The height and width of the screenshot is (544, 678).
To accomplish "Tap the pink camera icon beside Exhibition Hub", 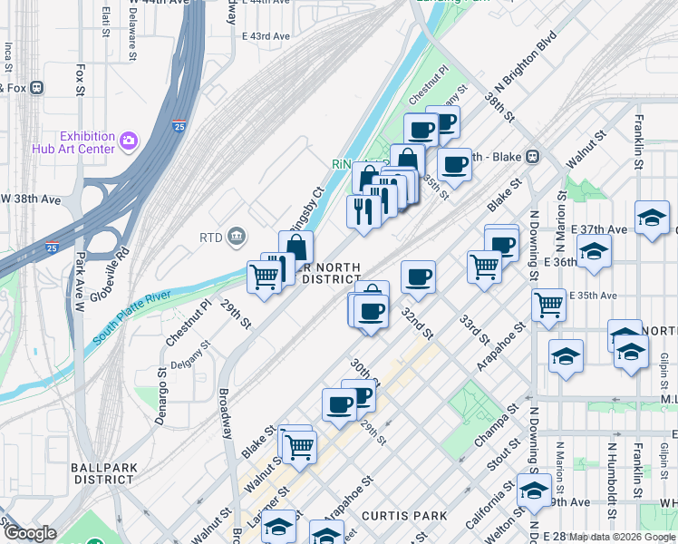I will [x=129, y=141].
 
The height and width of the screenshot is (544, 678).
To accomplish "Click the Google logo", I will [x=29, y=533].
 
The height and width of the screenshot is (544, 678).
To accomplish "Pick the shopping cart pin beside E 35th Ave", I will [x=549, y=305].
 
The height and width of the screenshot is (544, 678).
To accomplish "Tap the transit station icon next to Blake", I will [x=532, y=156].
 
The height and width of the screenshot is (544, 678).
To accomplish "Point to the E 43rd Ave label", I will [x=266, y=36].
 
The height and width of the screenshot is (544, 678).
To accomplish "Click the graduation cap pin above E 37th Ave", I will [x=652, y=218].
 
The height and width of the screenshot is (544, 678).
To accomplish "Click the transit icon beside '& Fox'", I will [x=37, y=88].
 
